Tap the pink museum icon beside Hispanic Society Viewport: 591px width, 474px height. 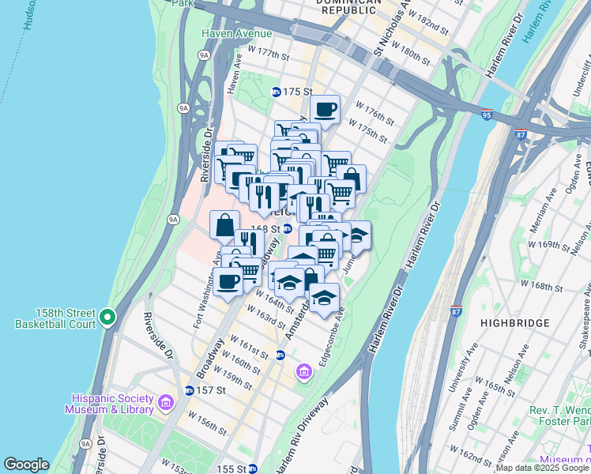[165, 403]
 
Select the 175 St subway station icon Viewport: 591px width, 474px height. [277, 92]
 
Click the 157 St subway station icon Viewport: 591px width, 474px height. [189, 390]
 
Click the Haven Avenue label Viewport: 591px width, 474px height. [236, 33]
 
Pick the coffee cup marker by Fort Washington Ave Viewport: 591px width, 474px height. [228, 281]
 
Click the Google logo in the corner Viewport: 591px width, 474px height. [26, 465]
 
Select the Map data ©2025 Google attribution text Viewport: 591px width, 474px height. [542, 468]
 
